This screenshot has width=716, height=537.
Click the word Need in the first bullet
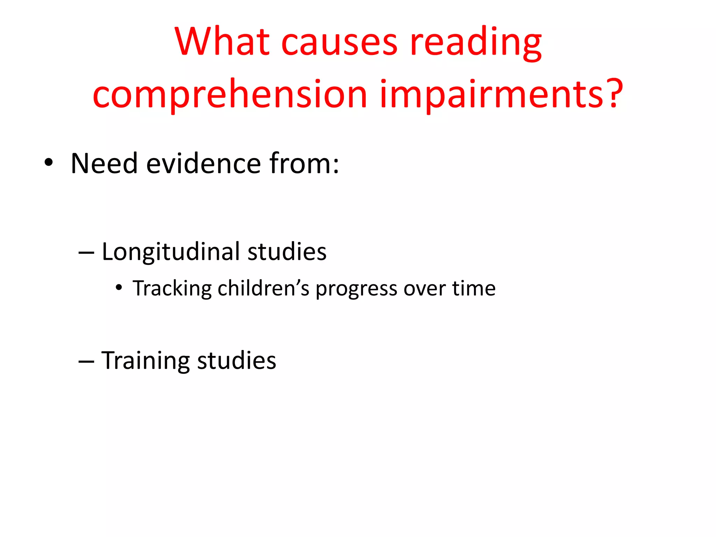[x=104, y=163]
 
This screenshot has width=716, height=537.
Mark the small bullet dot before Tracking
[x=119, y=288]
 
